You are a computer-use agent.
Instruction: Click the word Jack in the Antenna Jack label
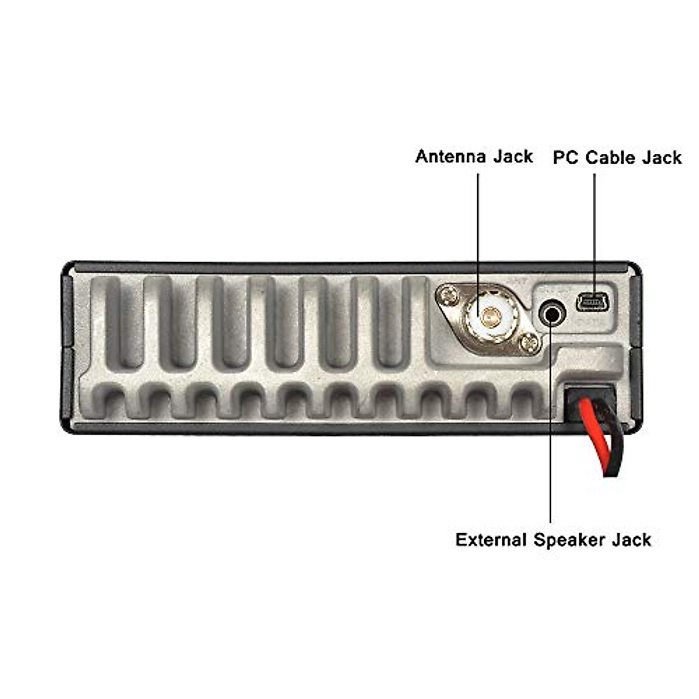513,157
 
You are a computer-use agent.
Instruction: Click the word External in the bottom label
490,540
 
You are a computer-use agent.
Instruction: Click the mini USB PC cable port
593,303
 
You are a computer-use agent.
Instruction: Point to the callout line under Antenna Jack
478,233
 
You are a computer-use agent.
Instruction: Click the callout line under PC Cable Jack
595,233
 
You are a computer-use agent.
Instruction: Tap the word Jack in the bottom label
631,540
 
